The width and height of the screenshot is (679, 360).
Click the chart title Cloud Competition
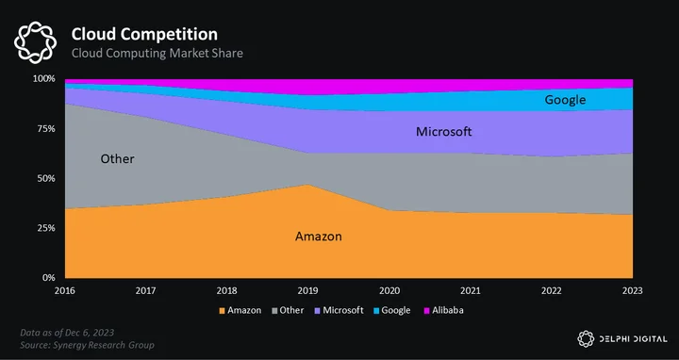click(144, 34)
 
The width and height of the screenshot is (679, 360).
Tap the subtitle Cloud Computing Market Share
click(157, 53)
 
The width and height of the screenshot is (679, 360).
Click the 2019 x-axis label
click(307, 291)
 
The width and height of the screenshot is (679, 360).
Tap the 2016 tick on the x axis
click(64, 291)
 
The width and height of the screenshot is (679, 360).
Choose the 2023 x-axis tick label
click(632, 291)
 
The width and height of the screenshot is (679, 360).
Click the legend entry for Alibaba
click(444, 310)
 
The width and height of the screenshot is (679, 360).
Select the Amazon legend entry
click(240, 310)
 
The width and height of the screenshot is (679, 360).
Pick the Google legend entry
click(392, 311)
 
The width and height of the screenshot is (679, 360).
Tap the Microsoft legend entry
click(339, 310)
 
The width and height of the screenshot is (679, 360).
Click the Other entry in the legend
click(288, 310)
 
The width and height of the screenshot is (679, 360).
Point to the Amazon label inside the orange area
click(319, 237)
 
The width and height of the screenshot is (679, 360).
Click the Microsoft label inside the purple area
click(444, 132)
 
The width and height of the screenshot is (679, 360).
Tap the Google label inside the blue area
click(565, 100)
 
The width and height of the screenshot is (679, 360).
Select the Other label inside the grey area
click(117, 159)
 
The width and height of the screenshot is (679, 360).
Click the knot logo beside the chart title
click(35, 42)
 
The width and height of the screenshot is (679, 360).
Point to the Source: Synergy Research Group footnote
click(87, 345)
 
